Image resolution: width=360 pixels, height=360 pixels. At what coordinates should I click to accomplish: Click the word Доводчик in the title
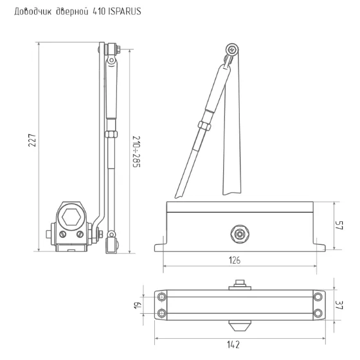coord(33,12)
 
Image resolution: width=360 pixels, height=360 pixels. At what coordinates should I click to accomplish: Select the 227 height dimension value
coord(32,140)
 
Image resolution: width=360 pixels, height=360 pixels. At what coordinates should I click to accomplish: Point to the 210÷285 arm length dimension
coord(136,152)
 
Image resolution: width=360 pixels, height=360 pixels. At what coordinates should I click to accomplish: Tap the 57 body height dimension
coord(339,225)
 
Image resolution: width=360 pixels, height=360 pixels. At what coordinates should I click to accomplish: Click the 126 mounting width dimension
coord(235,260)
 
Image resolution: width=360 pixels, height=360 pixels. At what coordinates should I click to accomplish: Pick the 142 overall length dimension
coord(233,345)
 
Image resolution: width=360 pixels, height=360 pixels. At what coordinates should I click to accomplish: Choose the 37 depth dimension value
coord(339,305)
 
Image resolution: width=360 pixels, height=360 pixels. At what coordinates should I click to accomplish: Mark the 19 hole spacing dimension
coord(138,305)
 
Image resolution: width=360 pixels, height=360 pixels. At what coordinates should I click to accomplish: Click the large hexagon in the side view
coord(71,217)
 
